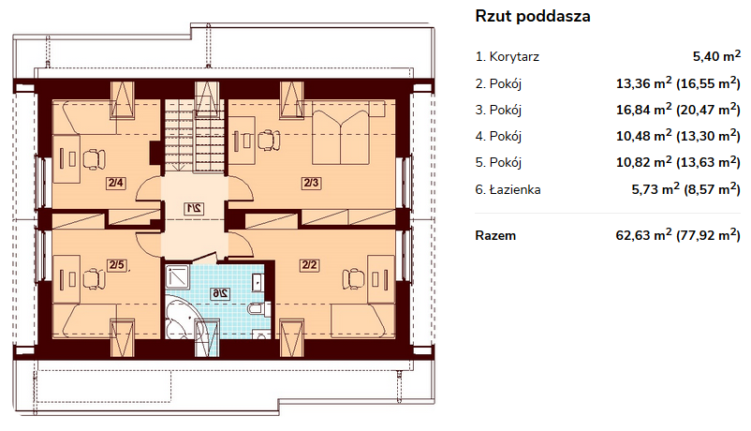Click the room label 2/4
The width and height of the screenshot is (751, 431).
coord(116,183)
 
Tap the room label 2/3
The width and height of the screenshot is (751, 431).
coord(311,183)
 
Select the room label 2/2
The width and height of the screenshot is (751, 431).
coord(309,264)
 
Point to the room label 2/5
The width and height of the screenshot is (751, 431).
coord(116,264)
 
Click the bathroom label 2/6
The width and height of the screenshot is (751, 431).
coord(220,293)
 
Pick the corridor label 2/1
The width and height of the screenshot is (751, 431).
coord(194,209)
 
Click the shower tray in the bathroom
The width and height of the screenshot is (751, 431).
coord(177,277)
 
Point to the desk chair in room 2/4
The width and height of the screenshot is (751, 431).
coord(95,159)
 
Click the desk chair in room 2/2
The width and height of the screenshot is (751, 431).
coord(353,279)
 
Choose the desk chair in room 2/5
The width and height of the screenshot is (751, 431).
coord(95,279)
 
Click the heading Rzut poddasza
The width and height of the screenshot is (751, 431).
coord(533,16)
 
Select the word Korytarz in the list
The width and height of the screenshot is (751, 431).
coord(514,57)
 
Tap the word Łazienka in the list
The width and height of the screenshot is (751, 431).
coord(515,189)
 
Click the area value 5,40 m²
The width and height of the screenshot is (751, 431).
coord(716,56)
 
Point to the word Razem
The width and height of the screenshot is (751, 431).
coord(495,236)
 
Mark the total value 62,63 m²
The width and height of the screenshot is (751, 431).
coord(643,235)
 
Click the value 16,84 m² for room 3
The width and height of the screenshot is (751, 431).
coord(643,110)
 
